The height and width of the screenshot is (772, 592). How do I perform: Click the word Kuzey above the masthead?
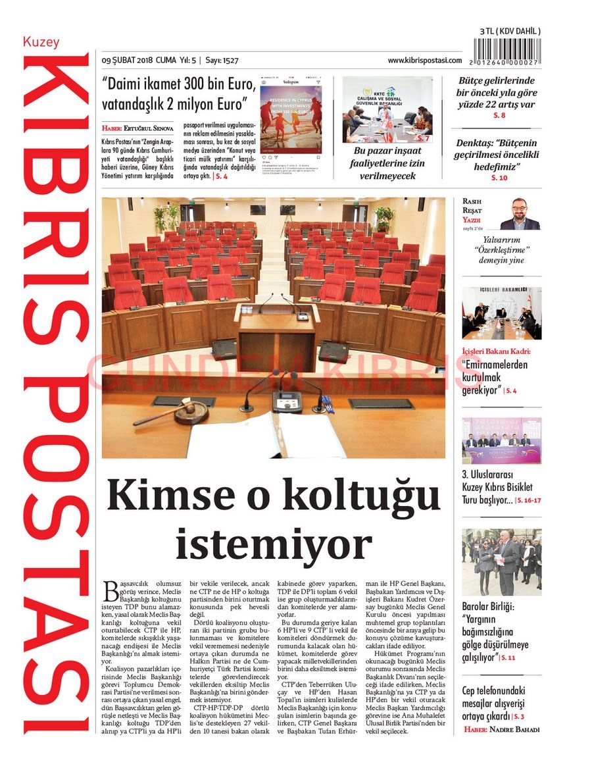point(41,42)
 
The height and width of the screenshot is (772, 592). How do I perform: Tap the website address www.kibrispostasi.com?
point(424,60)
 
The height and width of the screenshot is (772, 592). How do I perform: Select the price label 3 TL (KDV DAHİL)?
point(510,31)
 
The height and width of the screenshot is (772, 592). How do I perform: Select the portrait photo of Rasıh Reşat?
point(520,213)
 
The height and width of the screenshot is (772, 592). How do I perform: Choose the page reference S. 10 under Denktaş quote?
point(499,178)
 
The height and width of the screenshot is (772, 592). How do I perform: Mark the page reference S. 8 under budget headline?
point(499,116)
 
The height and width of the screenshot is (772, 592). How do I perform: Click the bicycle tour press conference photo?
point(501,440)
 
